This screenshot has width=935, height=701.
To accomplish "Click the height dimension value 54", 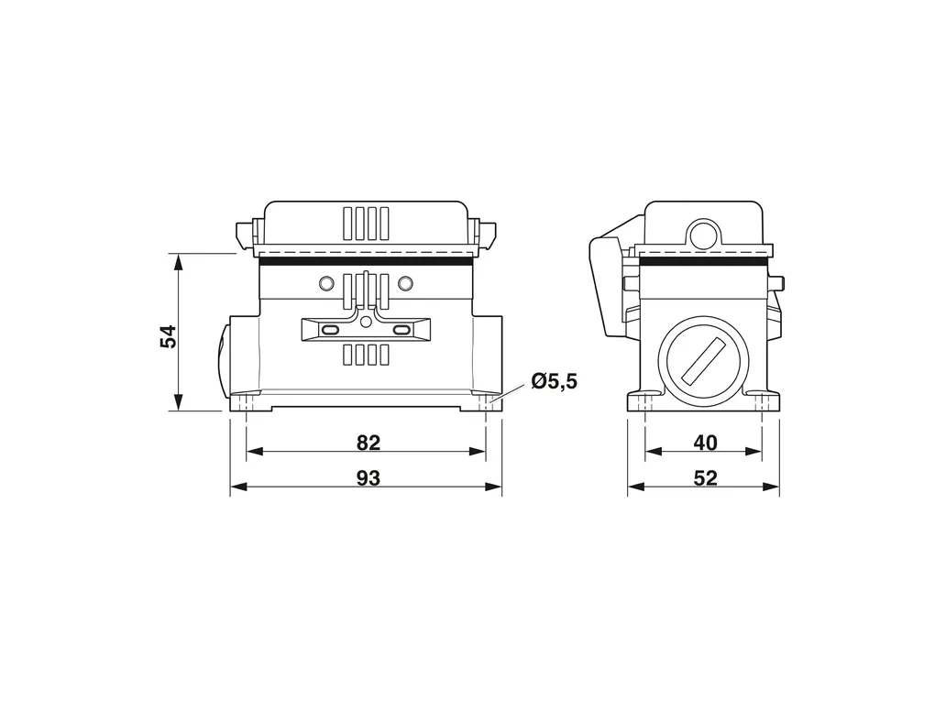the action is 169,336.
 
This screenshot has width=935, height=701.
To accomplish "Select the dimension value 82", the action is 368,443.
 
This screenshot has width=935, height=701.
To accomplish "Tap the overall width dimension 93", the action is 368,478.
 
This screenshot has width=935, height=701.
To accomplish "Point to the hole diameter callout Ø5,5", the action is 554,381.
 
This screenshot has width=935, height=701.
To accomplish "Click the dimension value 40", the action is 706,443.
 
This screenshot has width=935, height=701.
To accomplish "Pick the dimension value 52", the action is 706,478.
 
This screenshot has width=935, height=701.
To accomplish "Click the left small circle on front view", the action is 326,282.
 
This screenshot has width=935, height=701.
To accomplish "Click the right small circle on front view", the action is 405,282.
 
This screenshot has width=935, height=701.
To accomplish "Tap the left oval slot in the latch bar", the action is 330,329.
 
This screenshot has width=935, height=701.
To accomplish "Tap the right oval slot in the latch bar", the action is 402,329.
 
